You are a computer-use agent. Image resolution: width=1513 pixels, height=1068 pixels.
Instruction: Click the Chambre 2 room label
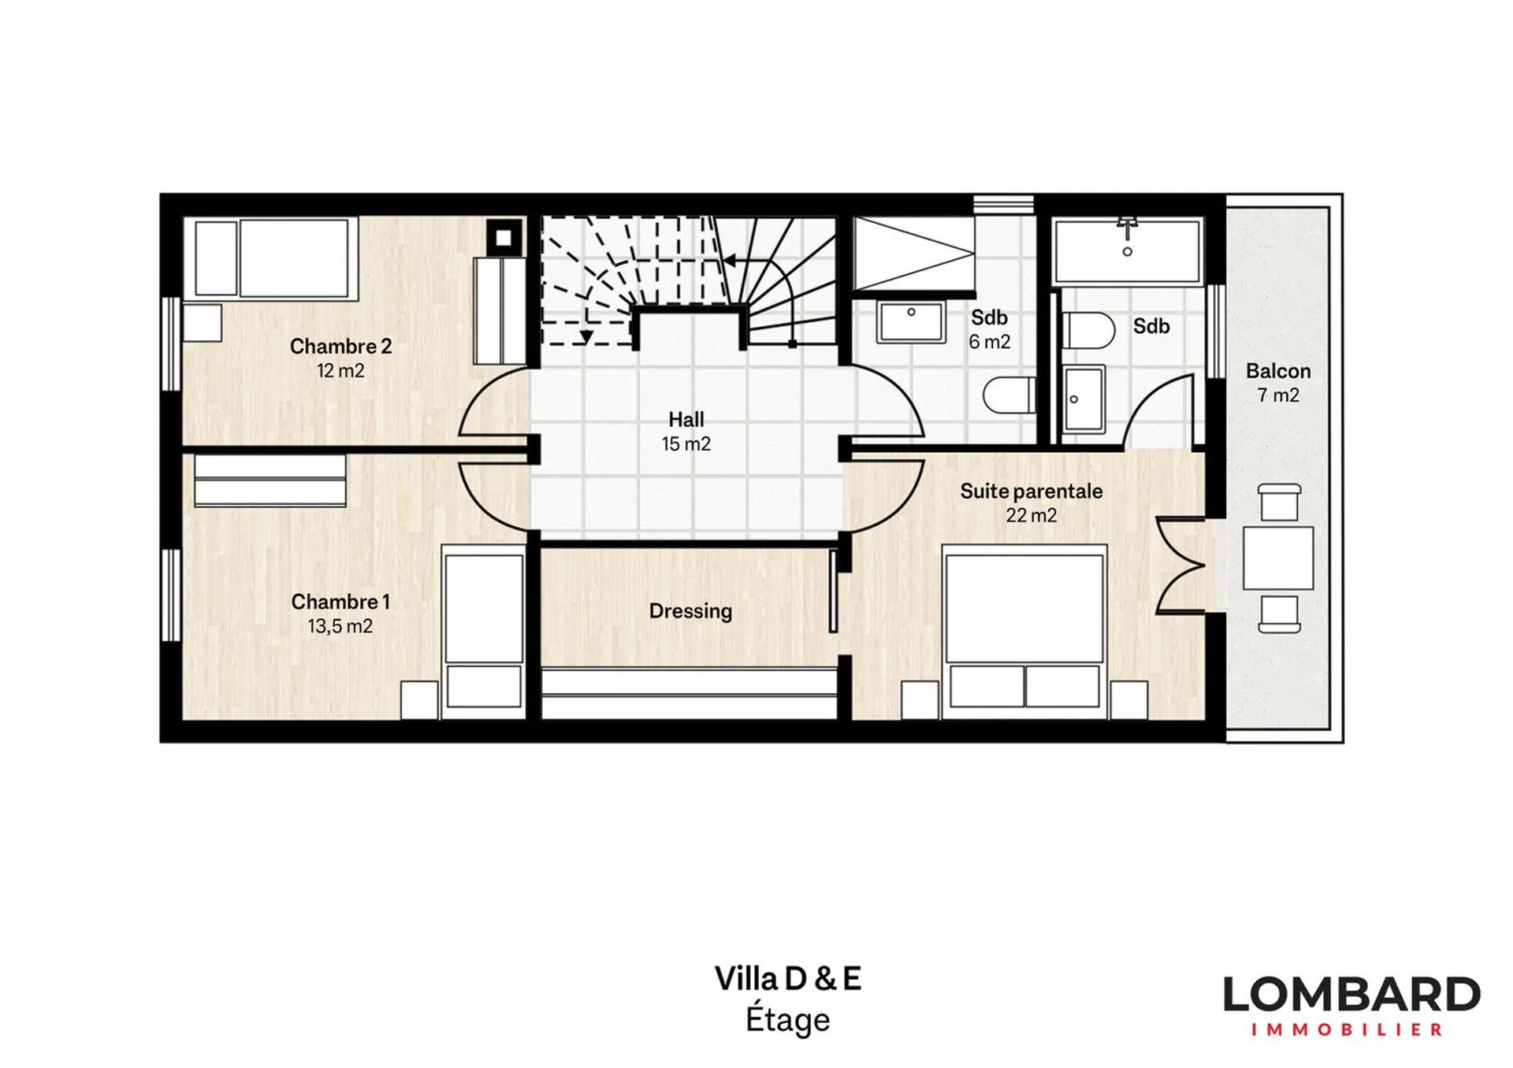click(340, 347)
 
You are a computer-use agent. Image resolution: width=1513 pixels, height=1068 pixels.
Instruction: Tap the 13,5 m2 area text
click(340, 627)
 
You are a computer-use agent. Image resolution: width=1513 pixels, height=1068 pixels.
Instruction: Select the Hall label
click(686, 420)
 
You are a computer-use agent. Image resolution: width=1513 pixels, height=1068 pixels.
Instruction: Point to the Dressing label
click(690, 611)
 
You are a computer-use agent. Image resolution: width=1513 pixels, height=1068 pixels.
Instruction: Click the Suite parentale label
click(1031, 491)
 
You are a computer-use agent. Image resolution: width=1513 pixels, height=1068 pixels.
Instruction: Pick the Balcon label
click(1278, 371)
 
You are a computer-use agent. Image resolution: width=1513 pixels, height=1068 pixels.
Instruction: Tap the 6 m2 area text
click(989, 342)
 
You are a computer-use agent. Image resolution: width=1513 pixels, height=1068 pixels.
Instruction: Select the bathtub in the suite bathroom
click(1127, 250)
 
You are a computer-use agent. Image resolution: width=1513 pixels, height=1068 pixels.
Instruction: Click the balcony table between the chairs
click(1278, 558)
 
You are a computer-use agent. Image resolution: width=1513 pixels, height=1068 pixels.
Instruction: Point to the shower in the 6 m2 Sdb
click(914, 253)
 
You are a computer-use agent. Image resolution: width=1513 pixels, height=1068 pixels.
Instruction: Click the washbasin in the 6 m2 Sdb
click(911, 321)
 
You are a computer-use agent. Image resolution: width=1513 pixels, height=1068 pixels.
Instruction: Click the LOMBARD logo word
click(1351, 996)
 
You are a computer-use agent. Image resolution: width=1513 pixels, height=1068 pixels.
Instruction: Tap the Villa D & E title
click(788, 979)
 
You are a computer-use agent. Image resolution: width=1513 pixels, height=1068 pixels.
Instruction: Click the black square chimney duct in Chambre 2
click(505, 236)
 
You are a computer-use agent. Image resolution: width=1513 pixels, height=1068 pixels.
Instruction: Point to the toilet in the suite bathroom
click(1087, 330)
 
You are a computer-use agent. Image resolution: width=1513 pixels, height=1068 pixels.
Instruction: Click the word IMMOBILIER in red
click(1347, 1030)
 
